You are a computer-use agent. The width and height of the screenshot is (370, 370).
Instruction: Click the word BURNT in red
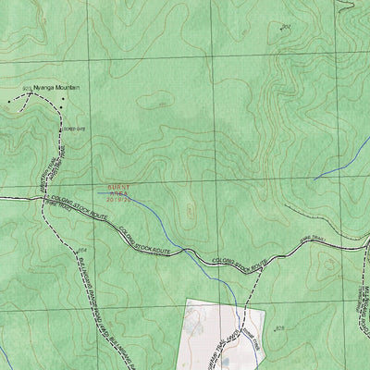coord(119,185)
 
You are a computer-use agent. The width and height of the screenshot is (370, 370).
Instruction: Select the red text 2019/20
coord(120,198)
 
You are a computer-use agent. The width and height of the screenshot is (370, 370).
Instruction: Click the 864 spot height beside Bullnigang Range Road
coord(81,251)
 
